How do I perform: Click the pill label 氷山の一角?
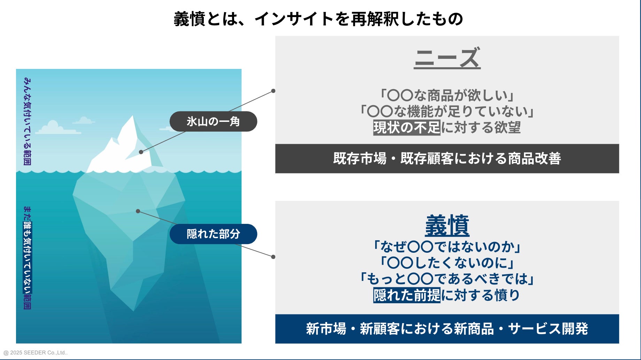[x=213, y=122]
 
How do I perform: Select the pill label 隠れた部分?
[x=213, y=234]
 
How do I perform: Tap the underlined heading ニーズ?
[x=447, y=58]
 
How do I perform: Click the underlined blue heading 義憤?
[x=447, y=226]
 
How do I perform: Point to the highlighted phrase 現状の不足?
[x=407, y=127]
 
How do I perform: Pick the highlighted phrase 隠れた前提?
[x=407, y=295]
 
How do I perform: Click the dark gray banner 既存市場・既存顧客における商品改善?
[x=447, y=159]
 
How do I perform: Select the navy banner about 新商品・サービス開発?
[x=447, y=329]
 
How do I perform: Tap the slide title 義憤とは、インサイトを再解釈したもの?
[x=318, y=19]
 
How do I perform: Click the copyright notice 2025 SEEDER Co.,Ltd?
[x=36, y=353]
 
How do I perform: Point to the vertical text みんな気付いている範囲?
[x=27, y=121]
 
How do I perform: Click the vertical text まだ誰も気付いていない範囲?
[x=27, y=258]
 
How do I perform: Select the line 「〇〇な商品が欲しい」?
[x=447, y=95]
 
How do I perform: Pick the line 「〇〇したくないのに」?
[x=447, y=263]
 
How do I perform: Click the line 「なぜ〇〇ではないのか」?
[x=447, y=247]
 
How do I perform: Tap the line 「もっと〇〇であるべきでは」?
[x=447, y=279]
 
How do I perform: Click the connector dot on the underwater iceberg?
[x=138, y=211]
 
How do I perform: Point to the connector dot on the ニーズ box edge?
[x=273, y=91]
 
